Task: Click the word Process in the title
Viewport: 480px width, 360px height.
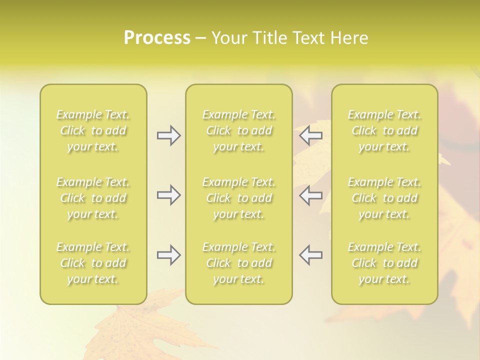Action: [157, 38]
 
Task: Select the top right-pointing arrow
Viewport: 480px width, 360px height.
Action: [168, 135]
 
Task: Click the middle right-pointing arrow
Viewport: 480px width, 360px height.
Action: [168, 195]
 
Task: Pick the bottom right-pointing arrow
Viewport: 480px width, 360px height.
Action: [168, 255]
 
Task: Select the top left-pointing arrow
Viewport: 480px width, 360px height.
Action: [311, 135]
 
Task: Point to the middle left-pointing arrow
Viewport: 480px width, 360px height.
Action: [311, 195]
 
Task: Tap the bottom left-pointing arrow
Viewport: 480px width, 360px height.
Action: [311, 255]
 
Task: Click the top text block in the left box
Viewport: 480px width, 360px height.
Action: [93, 130]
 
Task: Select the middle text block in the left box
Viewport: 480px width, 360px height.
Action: [93, 198]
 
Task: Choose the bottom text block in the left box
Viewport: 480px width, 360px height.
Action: [93, 263]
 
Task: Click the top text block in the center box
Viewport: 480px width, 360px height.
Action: [239, 130]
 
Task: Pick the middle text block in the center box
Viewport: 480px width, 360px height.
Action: [239, 198]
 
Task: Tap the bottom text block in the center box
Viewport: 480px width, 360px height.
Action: [239, 263]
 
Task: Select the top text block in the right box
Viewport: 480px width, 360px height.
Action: [384, 130]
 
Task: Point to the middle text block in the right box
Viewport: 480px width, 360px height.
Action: [384, 198]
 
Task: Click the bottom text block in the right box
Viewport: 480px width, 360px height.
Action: [384, 263]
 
